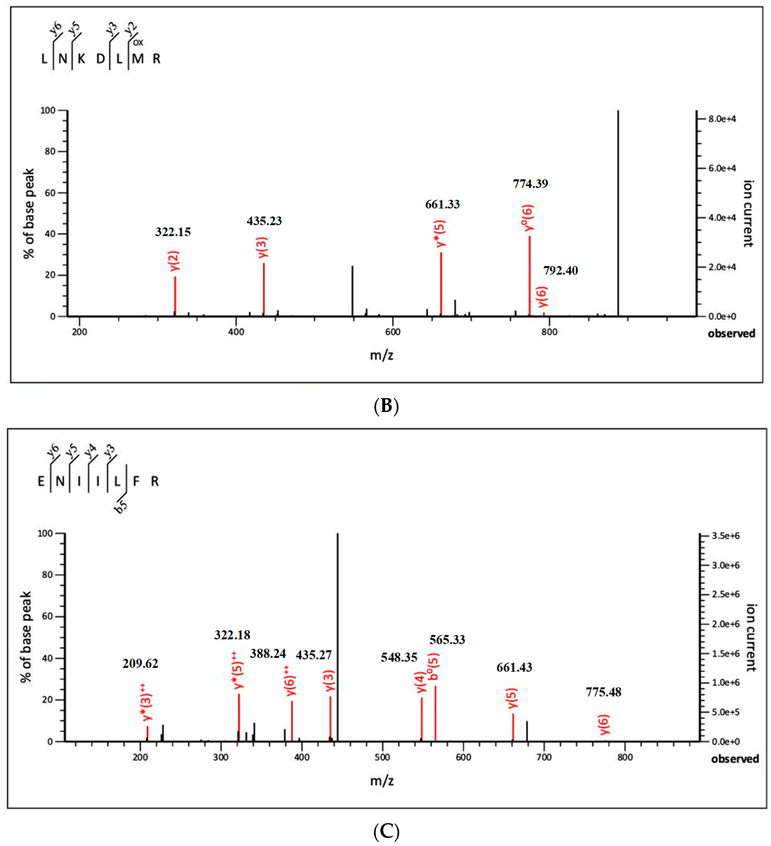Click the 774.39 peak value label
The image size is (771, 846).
530,184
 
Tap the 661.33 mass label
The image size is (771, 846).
442,204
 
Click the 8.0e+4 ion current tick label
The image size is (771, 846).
722,119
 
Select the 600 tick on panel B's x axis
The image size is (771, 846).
393,332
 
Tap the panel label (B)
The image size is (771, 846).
385,406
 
